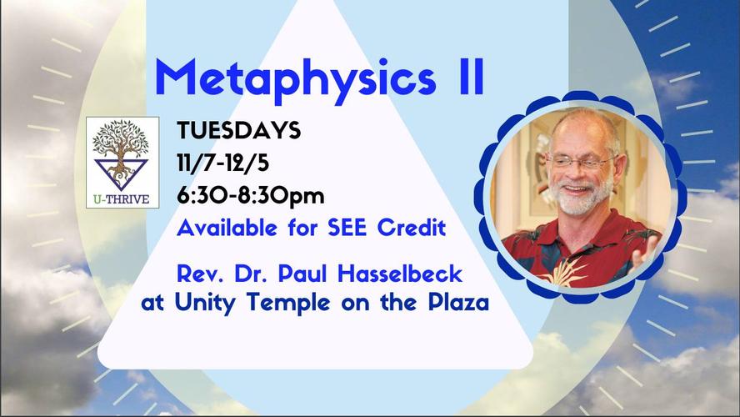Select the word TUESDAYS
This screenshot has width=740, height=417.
click(239, 130)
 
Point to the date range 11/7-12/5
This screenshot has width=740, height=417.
click(222, 163)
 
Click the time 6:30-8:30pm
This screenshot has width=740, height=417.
click(251, 196)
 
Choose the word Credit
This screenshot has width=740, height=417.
click(412, 229)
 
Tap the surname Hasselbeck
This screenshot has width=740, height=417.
click(400, 274)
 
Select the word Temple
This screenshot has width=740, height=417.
click(287, 302)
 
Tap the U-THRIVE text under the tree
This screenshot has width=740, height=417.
click(122, 199)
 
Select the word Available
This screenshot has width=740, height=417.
click(227, 229)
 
